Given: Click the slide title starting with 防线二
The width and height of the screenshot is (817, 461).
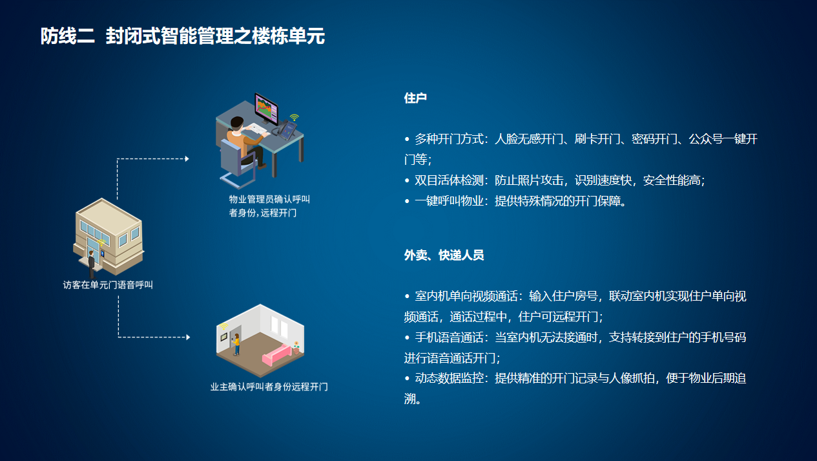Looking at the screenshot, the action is pyautogui.click(x=182, y=36).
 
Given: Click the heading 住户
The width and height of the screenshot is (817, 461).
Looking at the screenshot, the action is pyautogui.click(x=415, y=98).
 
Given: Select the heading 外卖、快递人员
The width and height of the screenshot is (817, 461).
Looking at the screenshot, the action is pyautogui.click(x=444, y=255).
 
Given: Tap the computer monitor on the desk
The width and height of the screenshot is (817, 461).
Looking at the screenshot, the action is pyautogui.click(x=266, y=109).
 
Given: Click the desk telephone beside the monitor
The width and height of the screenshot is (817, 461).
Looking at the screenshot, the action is pyautogui.click(x=286, y=130).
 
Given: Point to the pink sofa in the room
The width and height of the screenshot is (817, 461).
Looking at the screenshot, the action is pyautogui.click(x=276, y=355).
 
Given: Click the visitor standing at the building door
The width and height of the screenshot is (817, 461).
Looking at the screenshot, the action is pyautogui.click(x=91, y=264).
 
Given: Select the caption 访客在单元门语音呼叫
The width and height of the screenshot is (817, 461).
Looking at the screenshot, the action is pyautogui.click(x=108, y=284).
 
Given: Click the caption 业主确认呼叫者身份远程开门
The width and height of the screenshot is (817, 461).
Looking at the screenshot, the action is pyautogui.click(x=269, y=387).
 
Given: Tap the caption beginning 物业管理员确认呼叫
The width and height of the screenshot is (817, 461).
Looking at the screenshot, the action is pyautogui.click(x=269, y=206).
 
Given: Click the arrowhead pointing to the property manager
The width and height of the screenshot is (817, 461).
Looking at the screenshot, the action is pyautogui.click(x=187, y=159).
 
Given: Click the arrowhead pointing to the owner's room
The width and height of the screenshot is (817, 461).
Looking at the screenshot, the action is pyautogui.click(x=188, y=338).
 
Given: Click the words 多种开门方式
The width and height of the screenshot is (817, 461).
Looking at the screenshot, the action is pyautogui.click(x=450, y=139).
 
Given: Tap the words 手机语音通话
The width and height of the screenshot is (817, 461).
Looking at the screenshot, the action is pyautogui.click(x=450, y=338).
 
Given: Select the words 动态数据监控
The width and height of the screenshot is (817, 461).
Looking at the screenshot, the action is pyautogui.click(x=450, y=378).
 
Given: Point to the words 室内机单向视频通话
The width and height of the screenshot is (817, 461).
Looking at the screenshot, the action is pyautogui.click(x=466, y=296).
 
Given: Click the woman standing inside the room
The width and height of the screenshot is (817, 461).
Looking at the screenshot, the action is pyautogui.click(x=237, y=344).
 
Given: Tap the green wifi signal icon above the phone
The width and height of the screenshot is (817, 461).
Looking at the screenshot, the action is pyautogui.click(x=295, y=118).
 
